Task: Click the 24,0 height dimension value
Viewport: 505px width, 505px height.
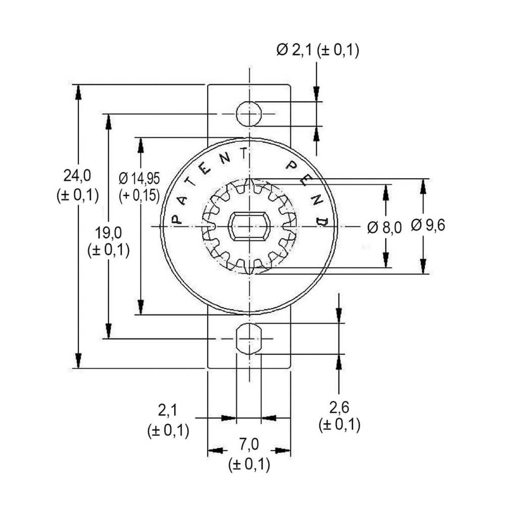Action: pos(77,176)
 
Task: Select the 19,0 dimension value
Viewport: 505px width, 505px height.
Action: pos(108,233)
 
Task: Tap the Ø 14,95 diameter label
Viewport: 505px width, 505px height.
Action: pos(139,178)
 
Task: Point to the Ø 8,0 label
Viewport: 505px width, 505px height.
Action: pos(384,228)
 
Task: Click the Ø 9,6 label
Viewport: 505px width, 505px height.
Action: pos(428,225)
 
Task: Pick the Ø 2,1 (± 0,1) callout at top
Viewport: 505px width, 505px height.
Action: pos(318,50)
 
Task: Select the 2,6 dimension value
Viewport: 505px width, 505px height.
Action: pos(339,408)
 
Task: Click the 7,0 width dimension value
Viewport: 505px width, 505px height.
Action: pos(249,444)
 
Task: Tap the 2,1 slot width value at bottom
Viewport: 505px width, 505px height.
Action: pos(168,410)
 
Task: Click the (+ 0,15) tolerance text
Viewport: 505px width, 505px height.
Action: pos(139,195)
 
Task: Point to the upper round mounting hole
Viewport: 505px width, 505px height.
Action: pos(249,114)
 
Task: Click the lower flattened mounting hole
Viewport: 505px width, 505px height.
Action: pos(249,339)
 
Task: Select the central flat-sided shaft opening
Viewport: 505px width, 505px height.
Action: pos(248,226)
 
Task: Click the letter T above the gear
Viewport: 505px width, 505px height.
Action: pos(244,154)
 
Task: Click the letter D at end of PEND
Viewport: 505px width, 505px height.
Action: pos(322,222)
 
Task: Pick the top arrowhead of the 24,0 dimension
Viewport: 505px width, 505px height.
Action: pos(78,92)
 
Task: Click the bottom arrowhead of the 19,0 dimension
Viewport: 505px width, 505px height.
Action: pos(109,331)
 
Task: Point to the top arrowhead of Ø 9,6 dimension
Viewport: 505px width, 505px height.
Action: pos(423,186)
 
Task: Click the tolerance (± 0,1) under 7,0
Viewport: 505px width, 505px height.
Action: pos(249,465)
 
